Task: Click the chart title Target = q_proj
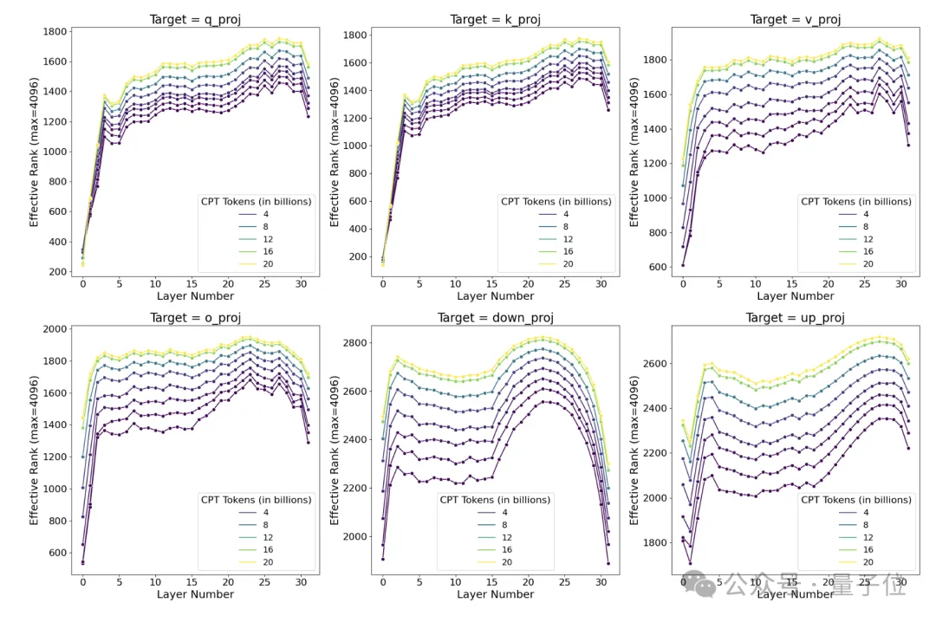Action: [195, 19]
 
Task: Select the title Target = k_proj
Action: [495, 19]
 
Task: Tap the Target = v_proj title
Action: [795, 19]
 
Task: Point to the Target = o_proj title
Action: [195, 318]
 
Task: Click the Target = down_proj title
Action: [495, 318]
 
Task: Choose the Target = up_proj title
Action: [795, 318]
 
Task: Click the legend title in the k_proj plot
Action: [556, 201]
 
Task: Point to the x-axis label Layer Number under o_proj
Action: [195, 595]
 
